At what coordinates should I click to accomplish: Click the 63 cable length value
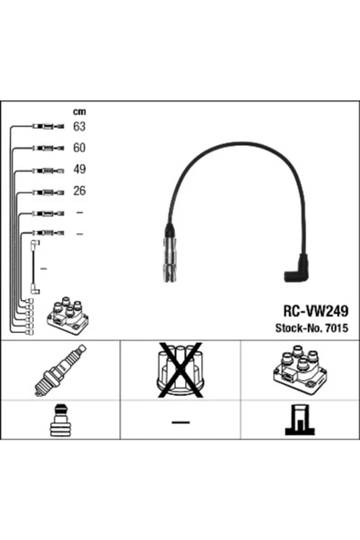79,127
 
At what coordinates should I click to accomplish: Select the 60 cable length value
79,148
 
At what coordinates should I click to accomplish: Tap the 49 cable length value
79,169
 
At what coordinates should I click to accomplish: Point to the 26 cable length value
79,191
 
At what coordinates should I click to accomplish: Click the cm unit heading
79,111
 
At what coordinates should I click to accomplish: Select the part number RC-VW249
315,311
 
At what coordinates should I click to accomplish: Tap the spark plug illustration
60,370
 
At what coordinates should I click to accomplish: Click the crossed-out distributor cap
180,369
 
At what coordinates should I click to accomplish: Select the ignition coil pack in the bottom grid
300,370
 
